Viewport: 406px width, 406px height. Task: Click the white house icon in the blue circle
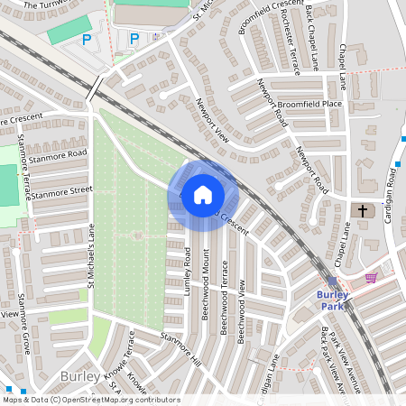pyautogui.click(x=203, y=194)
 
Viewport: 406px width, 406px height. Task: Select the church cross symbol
pyautogui.click(x=363, y=211)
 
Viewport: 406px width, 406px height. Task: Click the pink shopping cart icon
pyautogui.click(x=371, y=278)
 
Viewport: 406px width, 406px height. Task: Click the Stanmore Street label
pyautogui.click(x=63, y=194)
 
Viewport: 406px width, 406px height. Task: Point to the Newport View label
pyautogui.click(x=213, y=121)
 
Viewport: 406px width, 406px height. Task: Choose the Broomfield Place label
pyautogui.click(x=309, y=105)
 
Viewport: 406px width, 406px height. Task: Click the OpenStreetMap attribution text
pyautogui.click(x=90, y=400)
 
